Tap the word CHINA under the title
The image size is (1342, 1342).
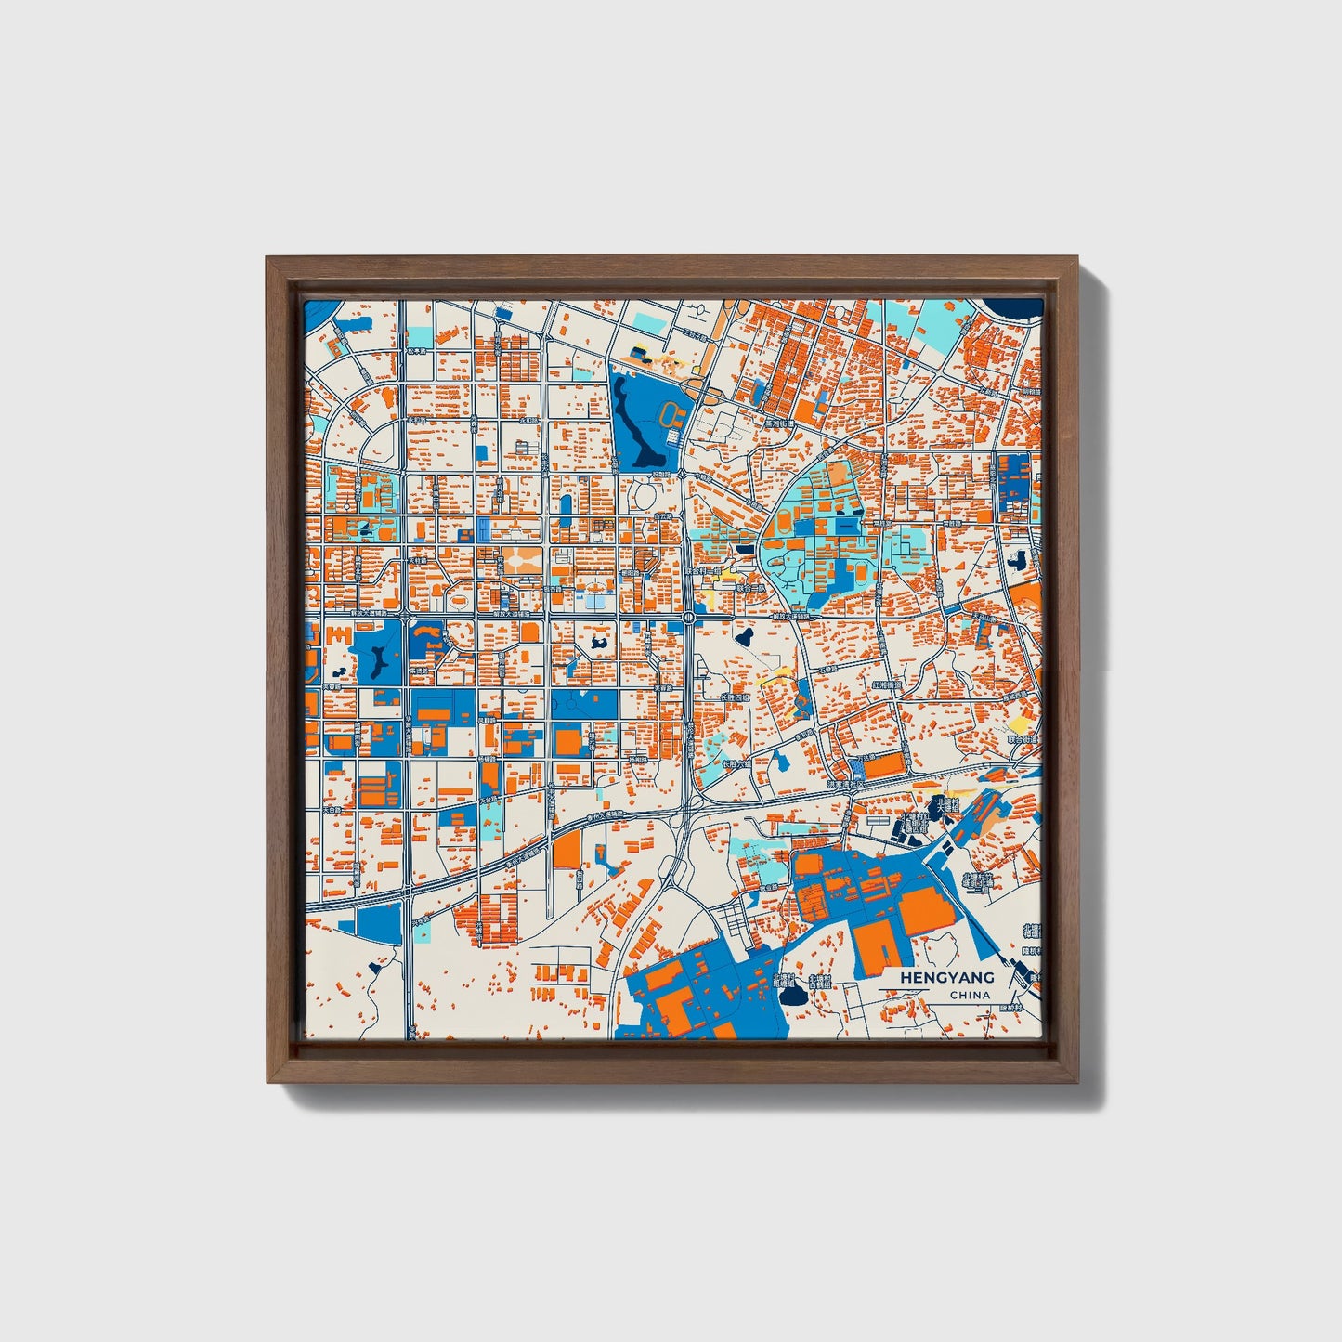pos(970,996)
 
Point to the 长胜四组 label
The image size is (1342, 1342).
pos(735,697)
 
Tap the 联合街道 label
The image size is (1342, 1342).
pos(1022,740)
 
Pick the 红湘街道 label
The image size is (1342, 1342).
pos(886,684)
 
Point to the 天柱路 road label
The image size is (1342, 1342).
pos(418,561)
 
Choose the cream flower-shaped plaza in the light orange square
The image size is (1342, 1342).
pos(516,561)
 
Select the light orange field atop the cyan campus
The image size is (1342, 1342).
pos(838,474)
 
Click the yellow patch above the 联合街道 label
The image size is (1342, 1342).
pos(1020,723)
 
